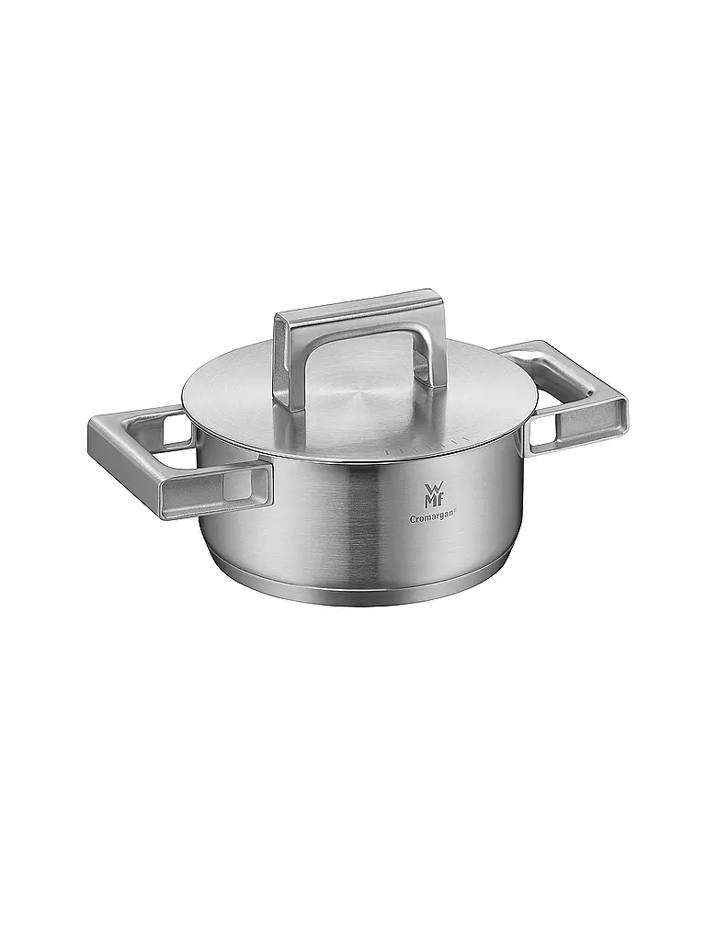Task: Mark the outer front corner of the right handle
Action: pyautogui.click(x=622, y=404)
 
